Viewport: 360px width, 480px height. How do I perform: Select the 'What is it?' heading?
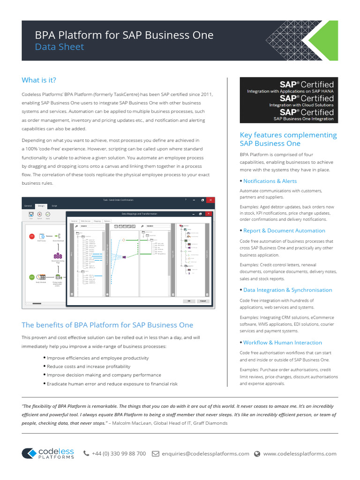(39, 80)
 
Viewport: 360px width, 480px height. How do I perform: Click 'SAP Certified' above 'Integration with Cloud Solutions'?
(307, 98)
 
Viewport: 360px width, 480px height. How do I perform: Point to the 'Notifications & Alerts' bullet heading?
(270, 181)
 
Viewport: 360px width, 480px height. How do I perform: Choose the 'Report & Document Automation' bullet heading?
(284, 231)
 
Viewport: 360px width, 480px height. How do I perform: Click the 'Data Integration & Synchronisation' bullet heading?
(287, 290)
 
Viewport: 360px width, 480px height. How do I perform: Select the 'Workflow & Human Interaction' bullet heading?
(282, 343)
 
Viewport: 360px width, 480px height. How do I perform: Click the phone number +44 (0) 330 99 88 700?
(119, 454)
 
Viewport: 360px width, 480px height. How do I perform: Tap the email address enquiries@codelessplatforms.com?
(205, 454)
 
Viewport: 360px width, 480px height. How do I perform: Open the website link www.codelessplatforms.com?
(300, 454)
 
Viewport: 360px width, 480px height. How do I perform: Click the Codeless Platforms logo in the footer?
(48, 453)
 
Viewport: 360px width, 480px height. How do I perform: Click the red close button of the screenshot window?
(210, 200)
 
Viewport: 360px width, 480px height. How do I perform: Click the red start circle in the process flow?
(32, 236)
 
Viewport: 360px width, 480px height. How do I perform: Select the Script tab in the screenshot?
(54, 206)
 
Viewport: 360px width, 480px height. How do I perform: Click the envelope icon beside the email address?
(155, 454)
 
